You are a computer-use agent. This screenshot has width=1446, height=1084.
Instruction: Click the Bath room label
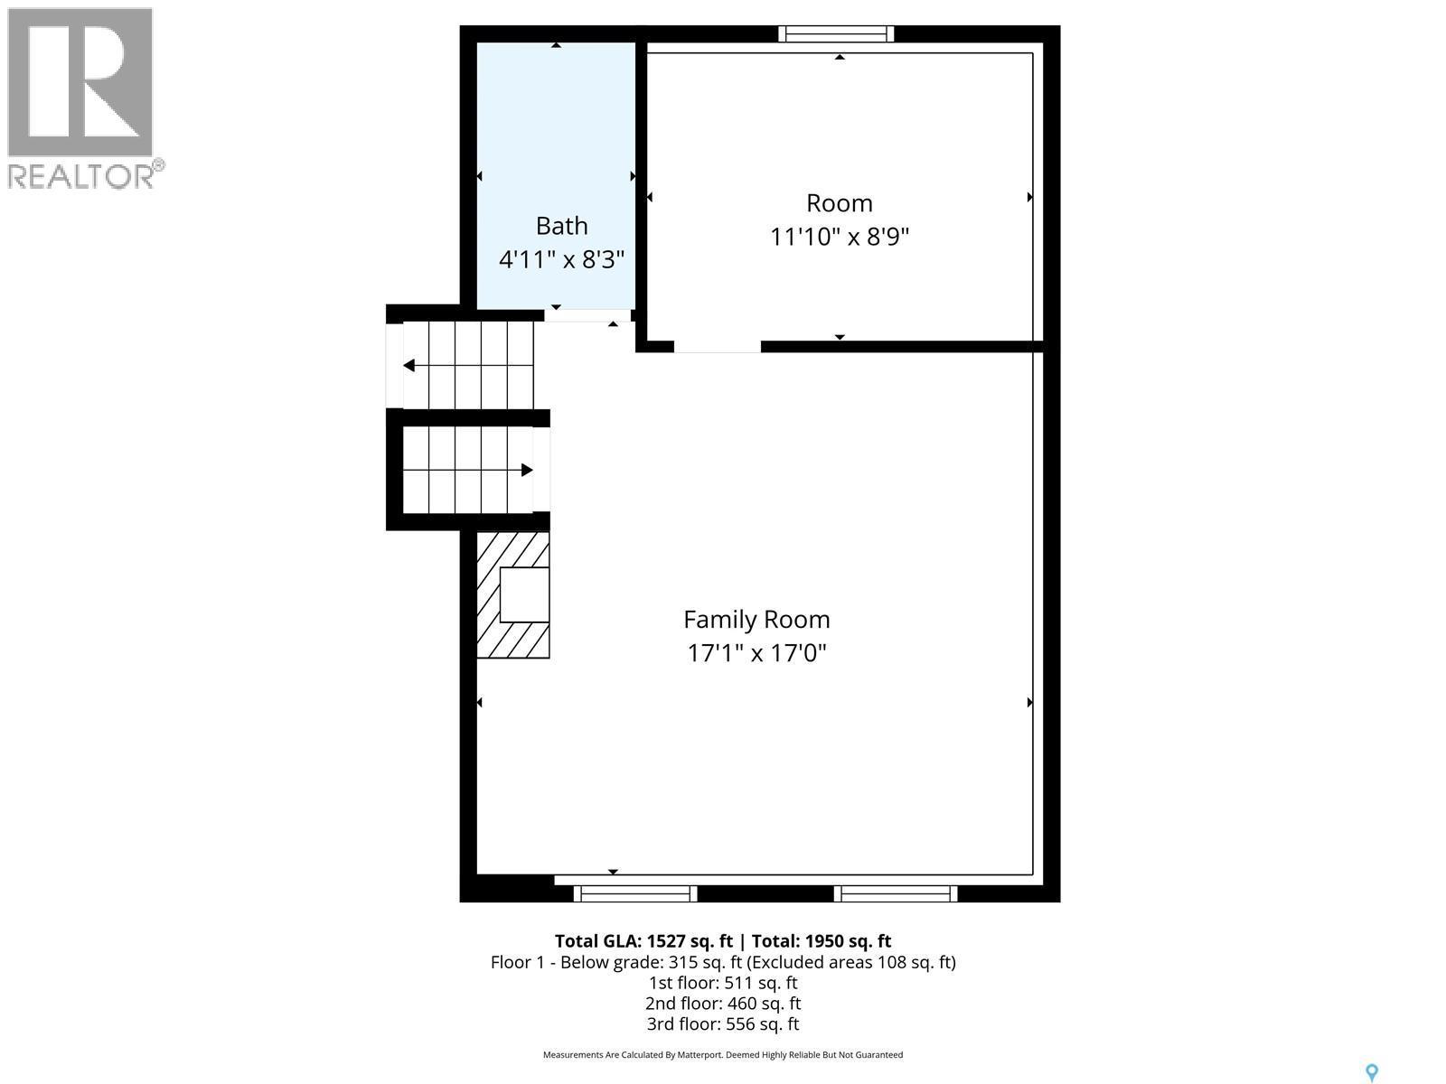click(x=561, y=226)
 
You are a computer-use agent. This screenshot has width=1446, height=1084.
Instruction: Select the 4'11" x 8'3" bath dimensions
click(x=561, y=260)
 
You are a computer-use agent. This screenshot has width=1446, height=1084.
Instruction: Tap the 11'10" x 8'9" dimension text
click(x=839, y=237)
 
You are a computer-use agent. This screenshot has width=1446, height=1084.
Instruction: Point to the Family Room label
click(x=756, y=620)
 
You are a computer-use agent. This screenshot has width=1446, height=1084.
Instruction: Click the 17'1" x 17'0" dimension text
click(x=756, y=652)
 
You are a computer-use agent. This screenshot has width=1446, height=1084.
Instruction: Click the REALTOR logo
click(x=84, y=98)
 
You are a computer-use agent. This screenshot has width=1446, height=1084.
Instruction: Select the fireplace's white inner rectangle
click(x=524, y=594)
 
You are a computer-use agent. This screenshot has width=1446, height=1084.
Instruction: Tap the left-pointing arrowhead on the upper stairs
click(x=408, y=366)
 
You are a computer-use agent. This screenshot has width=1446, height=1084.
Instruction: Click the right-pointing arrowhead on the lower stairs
click(x=527, y=470)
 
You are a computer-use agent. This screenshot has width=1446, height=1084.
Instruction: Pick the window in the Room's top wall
click(x=836, y=34)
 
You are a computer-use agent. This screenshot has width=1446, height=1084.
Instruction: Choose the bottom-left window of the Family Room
click(x=635, y=893)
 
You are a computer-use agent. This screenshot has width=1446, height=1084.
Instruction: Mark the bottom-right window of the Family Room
click(x=895, y=893)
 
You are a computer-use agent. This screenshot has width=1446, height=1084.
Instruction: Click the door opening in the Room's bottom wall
click(x=718, y=347)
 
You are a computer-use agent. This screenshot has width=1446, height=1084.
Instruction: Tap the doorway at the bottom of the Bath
click(x=587, y=315)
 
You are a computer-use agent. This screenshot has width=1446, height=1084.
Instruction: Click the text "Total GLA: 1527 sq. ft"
click(x=643, y=940)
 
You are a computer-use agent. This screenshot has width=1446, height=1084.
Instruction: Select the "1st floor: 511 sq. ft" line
click(x=723, y=983)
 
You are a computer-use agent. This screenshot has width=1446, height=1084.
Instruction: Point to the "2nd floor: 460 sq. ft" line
click(x=723, y=1004)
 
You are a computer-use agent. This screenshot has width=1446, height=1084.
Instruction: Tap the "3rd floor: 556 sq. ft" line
click(x=723, y=1024)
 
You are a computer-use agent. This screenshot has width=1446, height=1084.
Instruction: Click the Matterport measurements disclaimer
click(x=723, y=1055)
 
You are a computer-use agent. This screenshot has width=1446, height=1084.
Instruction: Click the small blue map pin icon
click(x=1371, y=1072)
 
